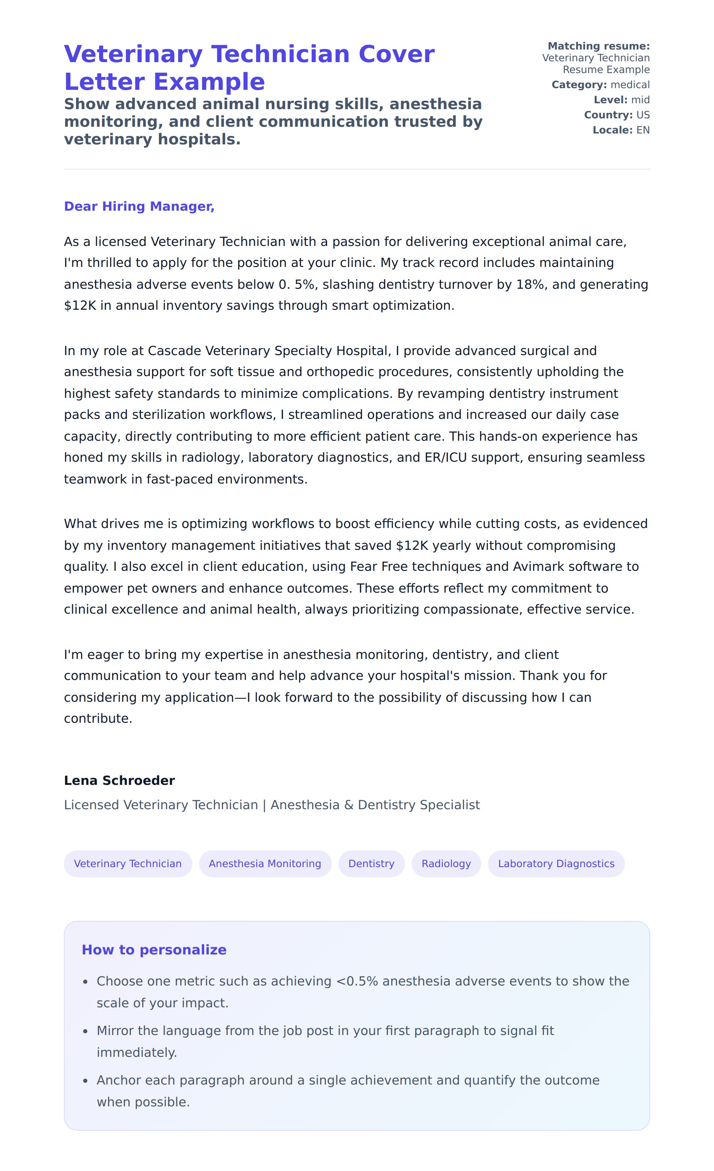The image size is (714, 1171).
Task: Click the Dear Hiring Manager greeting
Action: click(x=139, y=206)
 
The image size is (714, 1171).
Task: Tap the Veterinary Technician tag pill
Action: click(x=128, y=863)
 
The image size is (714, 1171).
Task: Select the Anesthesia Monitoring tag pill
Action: click(x=265, y=863)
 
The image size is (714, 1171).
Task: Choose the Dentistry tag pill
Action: click(x=371, y=863)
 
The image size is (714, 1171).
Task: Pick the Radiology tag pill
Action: click(x=446, y=863)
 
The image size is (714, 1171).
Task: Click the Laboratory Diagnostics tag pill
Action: click(x=556, y=863)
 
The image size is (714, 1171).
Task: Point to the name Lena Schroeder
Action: click(x=119, y=780)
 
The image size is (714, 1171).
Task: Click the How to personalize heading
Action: click(x=154, y=949)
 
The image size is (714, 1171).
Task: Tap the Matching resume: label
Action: click(x=598, y=46)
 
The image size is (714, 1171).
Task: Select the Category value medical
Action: click(x=630, y=85)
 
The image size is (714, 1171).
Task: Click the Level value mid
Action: click(x=640, y=100)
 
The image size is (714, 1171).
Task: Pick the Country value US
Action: click(x=643, y=115)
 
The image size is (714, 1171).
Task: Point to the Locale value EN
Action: click(x=643, y=130)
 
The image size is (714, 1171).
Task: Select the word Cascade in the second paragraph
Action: click(x=174, y=351)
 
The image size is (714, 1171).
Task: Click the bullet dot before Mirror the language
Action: click(x=85, y=1031)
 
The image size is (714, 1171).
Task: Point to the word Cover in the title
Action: click(x=396, y=54)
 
